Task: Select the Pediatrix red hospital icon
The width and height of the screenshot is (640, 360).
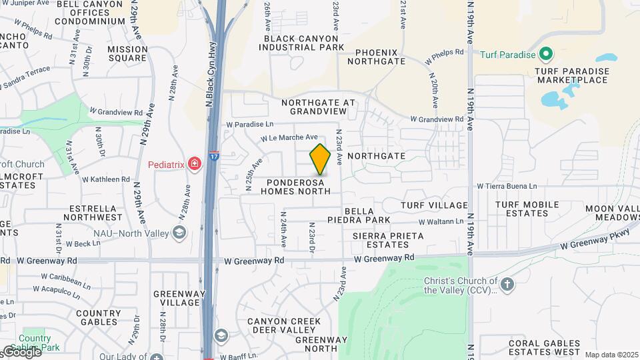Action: point(194,163)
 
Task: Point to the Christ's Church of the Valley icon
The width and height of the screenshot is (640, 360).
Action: point(507,285)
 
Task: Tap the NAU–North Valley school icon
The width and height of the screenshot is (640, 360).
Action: point(179,232)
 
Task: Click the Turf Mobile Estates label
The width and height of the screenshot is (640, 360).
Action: point(527,209)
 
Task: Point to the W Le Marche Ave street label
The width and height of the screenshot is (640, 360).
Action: point(289,138)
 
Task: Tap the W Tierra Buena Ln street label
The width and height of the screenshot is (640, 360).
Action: point(507,186)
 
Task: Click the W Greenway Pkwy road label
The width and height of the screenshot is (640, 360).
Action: point(595,238)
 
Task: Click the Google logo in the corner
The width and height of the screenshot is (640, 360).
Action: point(21,352)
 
